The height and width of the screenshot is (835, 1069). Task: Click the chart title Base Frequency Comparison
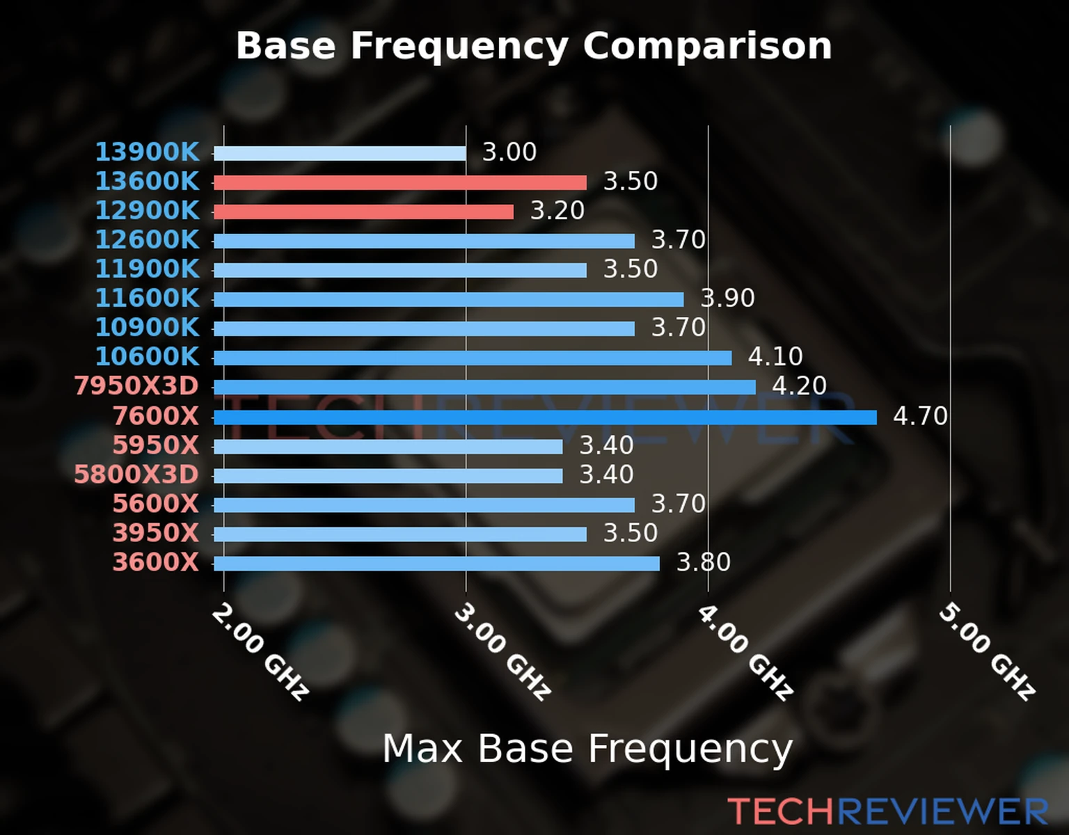tap(534, 46)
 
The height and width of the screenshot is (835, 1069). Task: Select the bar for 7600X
tap(545, 417)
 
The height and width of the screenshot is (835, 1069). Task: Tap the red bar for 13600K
tap(400, 182)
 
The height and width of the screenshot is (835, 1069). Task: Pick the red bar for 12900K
tap(363, 212)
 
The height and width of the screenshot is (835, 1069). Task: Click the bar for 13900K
tap(340, 153)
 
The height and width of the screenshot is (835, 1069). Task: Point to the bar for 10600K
tap(473, 358)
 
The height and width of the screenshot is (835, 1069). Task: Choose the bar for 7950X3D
tap(484, 387)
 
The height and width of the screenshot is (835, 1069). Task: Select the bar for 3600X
tap(436, 563)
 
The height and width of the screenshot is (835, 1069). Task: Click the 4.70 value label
tap(920, 416)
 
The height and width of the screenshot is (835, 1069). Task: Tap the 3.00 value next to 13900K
tap(509, 152)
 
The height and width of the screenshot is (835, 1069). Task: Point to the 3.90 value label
tap(727, 298)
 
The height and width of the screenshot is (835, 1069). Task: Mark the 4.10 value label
tap(775, 356)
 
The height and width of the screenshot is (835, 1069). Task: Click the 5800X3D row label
tap(136, 475)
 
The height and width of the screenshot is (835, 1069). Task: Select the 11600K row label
tap(147, 298)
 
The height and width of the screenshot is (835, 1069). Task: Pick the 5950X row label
tap(156, 445)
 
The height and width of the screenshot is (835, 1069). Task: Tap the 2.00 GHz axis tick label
tap(260, 651)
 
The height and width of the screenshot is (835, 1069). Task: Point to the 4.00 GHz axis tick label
tap(745, 651)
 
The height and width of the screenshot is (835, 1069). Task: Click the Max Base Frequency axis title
tap(587, 749)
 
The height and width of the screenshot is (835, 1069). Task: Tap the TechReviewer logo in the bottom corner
tap(887, 811)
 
